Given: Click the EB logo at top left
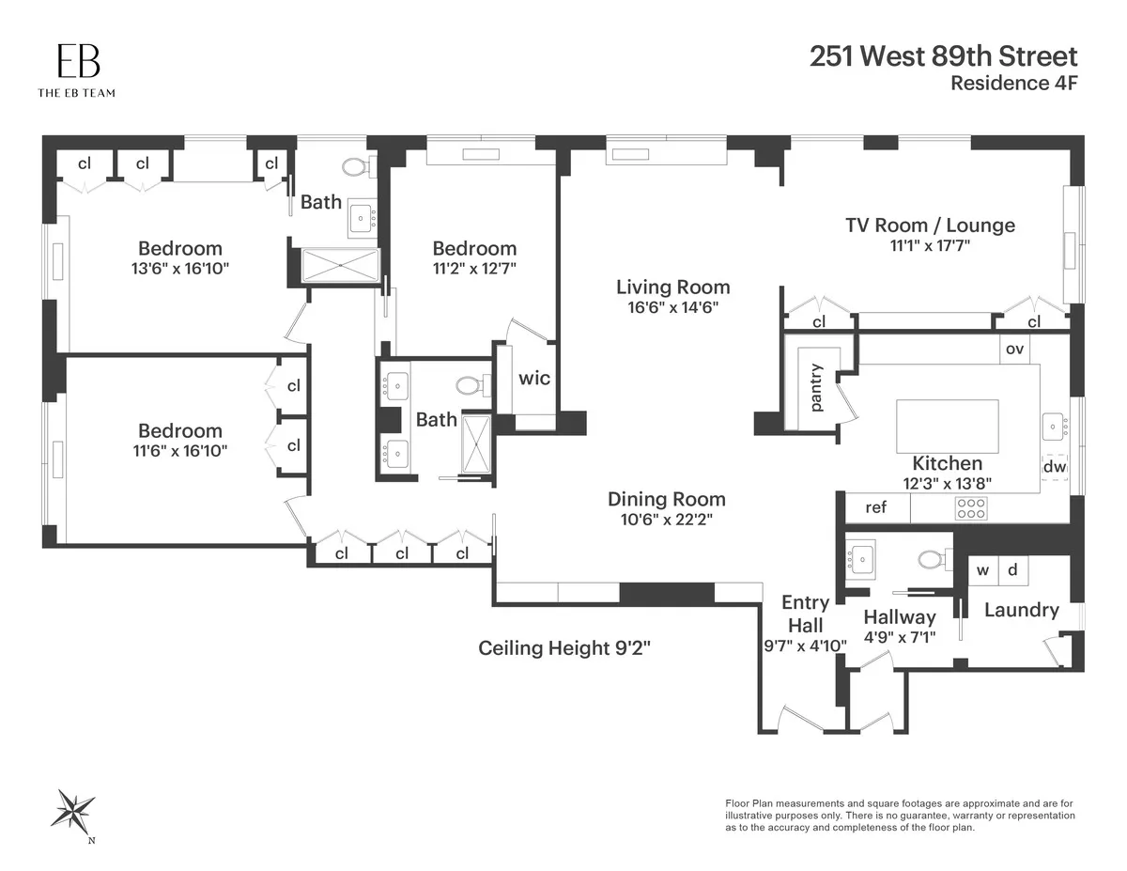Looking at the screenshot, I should [x=77, y=62].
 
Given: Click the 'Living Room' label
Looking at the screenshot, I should [x=672, y=287].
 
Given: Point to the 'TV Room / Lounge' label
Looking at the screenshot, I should [x=930, y=226].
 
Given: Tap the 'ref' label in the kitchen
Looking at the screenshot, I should [x=875, y=507].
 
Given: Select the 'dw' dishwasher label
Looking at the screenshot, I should [x=1054, y=466].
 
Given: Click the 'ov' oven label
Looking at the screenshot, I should [x=1014, y=349].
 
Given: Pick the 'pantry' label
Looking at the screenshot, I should [x=816, y=386].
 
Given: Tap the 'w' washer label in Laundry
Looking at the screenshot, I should [x=983, y=570].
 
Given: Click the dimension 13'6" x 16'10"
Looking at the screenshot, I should [x=180, y=269].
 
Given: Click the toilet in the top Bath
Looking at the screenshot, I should [x=355, y=167].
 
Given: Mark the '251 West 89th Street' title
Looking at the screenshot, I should [x=943, y=55].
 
